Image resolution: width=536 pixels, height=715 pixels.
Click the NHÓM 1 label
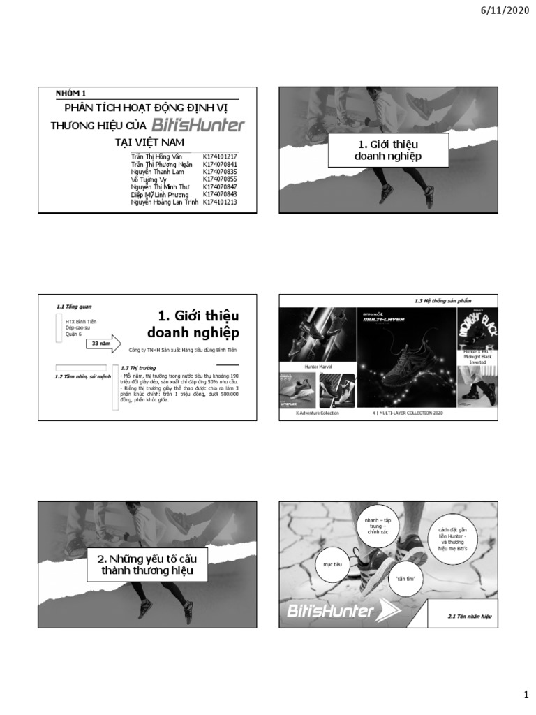pos(70,93)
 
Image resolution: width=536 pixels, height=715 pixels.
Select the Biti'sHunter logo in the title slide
pos(198,126)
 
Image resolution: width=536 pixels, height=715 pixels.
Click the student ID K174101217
pos(220,157)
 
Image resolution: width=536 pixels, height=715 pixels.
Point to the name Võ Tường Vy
pos(146,179)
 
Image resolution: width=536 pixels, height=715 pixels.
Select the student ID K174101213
pos(220,202)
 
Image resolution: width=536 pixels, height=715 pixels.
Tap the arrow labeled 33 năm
pos(103,344)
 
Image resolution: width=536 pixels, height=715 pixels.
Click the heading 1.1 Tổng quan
pos(74,307)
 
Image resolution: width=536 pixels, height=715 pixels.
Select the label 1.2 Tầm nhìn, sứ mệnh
pos(82,377)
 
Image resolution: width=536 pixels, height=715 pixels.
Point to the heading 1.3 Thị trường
pos(137,367)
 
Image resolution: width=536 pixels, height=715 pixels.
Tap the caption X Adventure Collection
pos(318,413)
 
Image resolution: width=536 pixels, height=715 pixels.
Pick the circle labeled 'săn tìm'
pos(405,579)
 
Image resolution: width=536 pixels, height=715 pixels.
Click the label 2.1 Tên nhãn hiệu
pos(470,617)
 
